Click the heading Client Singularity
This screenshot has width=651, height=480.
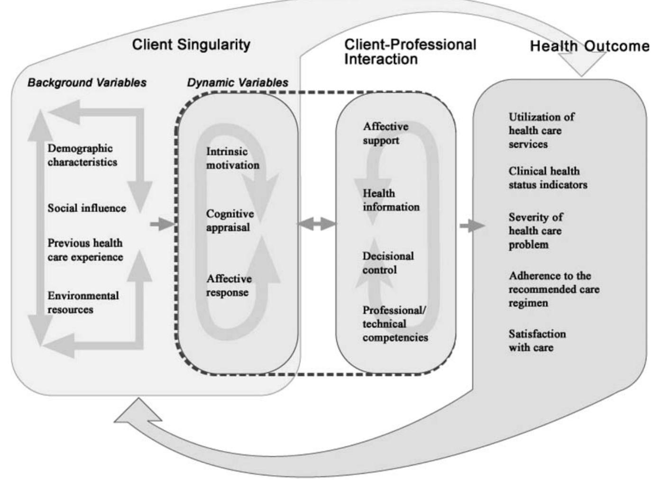[x=191, y=45]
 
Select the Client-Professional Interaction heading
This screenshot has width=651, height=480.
[x=410, y=52]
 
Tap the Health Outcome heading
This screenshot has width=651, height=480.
[x=589, y=46]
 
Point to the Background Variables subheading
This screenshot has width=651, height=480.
[x=87, y=82]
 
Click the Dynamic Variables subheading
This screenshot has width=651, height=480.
[x=237, y=82]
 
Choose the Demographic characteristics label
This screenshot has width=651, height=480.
[x=82, y=155]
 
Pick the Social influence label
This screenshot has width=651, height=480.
[x=87, y=208]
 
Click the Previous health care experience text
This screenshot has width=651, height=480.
[x=85, y=250]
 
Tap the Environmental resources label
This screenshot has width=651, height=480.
[x=83, y=302]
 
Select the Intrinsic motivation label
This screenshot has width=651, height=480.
[x=232, y=158]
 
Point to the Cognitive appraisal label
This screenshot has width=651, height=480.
[x=229, y=220]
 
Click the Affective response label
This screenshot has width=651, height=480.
[x=229, y=285]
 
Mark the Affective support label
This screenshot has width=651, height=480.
[x=385, y=133]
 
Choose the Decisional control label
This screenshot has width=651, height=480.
[x=388, y=263]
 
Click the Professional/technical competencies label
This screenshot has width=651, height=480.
[x=394, y=324]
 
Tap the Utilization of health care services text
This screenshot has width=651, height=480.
[x=541, y=130]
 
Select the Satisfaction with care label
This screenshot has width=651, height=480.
[x=537, y=340]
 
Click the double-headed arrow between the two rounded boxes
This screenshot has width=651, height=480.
[x=317, y=224]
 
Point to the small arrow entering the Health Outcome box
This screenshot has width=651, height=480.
[x=472, y=226]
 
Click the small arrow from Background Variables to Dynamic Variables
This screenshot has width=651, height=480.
[x=162, y=224]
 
